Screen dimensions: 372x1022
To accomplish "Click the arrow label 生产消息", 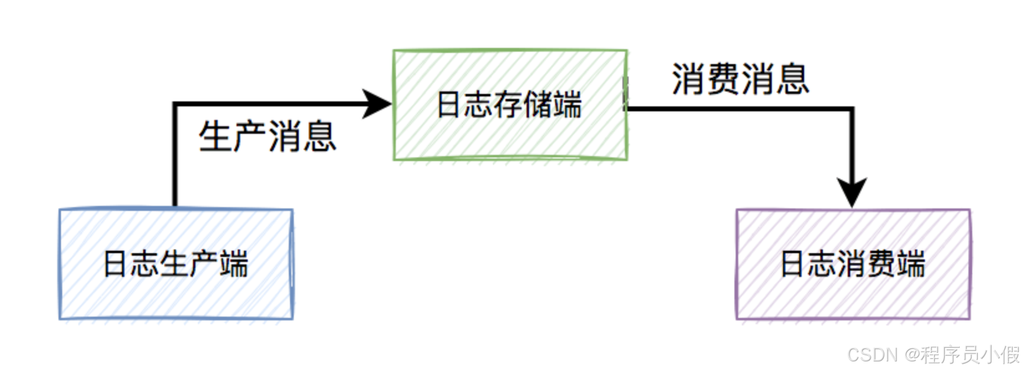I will (x=268, y=136).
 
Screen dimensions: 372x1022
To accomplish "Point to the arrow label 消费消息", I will (x=740, y=79).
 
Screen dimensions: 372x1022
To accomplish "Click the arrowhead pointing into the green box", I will (x=378, y=104).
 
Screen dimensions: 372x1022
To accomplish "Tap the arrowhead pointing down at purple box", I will (x=851, y=193).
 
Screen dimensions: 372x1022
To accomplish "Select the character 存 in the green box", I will (x=509, y=104).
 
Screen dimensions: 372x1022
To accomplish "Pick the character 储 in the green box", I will (x=538, y=104).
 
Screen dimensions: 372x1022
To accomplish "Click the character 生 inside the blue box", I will (x=175, y=264).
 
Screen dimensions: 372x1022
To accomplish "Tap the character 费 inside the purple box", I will (x=881, y=264).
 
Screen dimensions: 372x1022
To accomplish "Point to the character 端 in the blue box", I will (x=233, y=264).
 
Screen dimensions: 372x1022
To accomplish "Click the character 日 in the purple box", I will (x=793, y=264).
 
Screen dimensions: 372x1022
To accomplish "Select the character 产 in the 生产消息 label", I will (x=251, y=136).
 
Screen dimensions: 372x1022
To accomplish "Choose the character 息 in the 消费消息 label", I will (x=792, y=79).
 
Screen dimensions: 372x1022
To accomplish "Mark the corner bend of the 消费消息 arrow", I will (x=851, y=109).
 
